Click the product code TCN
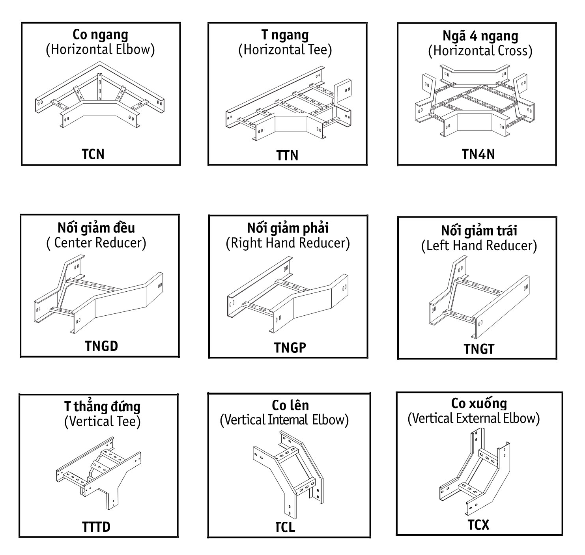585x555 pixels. click(x=93, y=155)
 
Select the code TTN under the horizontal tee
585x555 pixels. click(x=287, y=156)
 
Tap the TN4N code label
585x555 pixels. click(x=478, y=155)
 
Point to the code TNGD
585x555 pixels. click(x=101, y=346)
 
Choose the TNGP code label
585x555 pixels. click(x=290, y=348)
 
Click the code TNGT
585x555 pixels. click(x=479, y=349)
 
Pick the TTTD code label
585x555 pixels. click(x=96, y=527)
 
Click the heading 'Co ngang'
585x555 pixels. click(x=101, y=35)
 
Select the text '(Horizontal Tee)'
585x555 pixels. click(x=285, y=50)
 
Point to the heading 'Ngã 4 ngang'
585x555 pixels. click(x=480, y=36)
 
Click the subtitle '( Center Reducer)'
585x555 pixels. click(x=96, y=243)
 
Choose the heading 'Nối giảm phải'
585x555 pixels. click(x=288, y=228)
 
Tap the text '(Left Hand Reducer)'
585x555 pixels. click(x=479, y=246)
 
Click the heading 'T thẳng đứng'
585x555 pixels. click(x=102, y=407)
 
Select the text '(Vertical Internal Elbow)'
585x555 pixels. click(x=284, y=420)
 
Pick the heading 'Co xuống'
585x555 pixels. click(x=479, y=404)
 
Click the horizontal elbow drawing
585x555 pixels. click(x=100, y=95)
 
